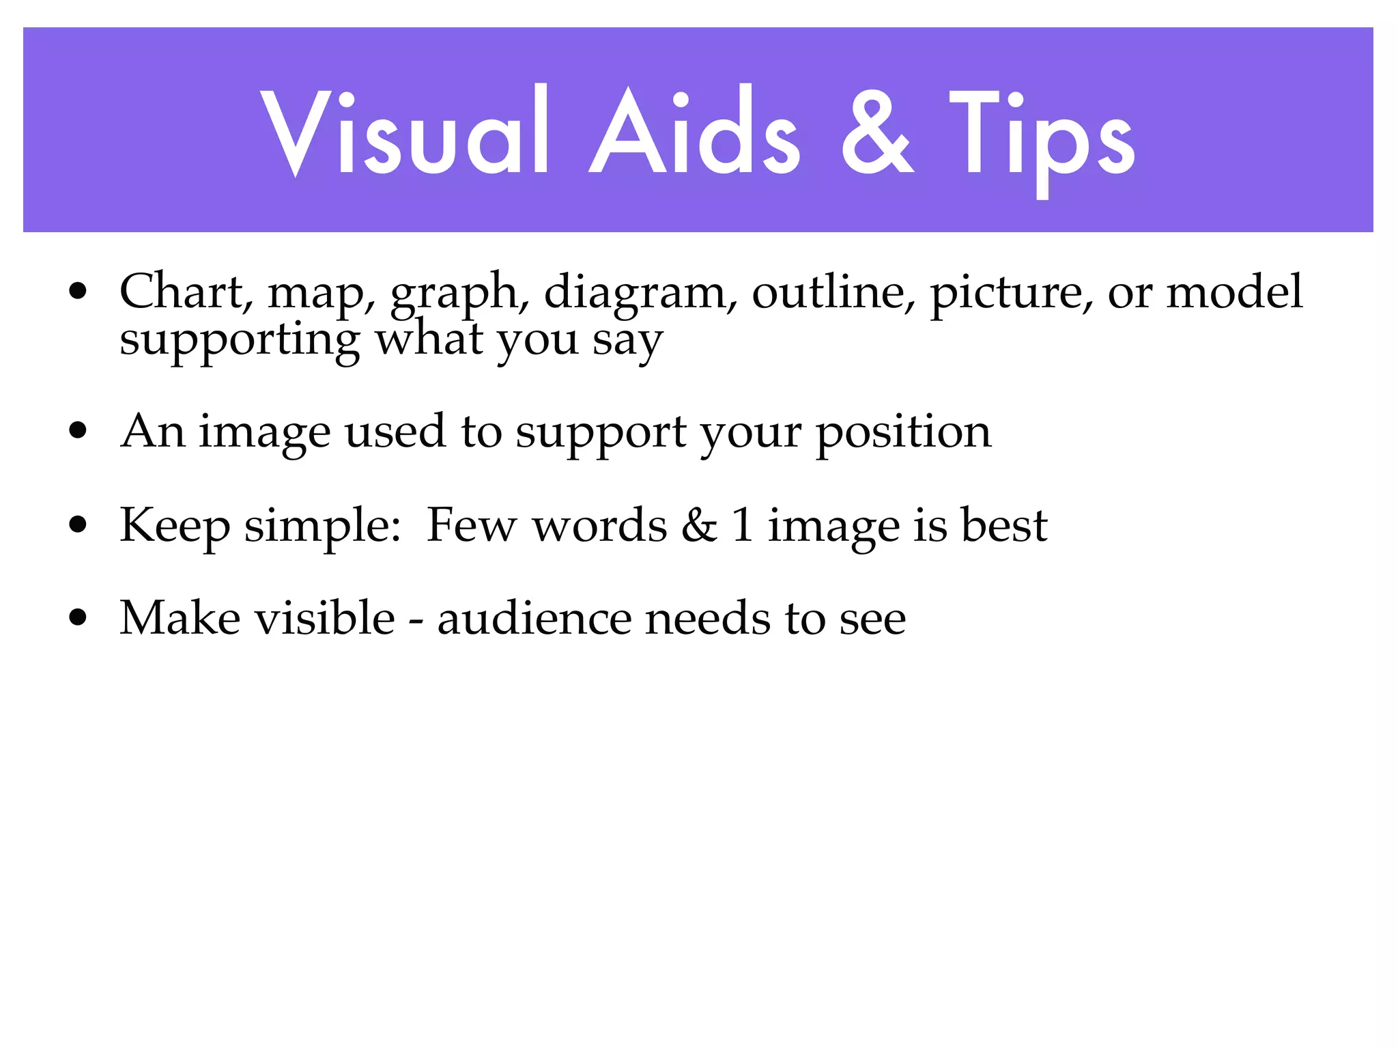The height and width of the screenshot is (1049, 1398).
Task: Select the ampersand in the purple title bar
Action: (877, 133)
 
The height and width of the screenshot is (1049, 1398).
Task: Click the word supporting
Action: (239, 340)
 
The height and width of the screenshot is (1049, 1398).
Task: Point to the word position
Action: (904, 433)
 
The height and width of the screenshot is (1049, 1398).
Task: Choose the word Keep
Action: (175, 526)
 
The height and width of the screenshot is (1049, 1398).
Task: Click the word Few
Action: (471, 526)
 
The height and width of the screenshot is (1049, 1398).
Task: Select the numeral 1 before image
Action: (742, 526)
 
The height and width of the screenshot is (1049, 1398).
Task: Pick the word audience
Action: (534, 618)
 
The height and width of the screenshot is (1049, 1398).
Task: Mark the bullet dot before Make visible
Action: (79, 618)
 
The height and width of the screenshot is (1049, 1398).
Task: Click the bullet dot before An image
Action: (79, 432)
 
